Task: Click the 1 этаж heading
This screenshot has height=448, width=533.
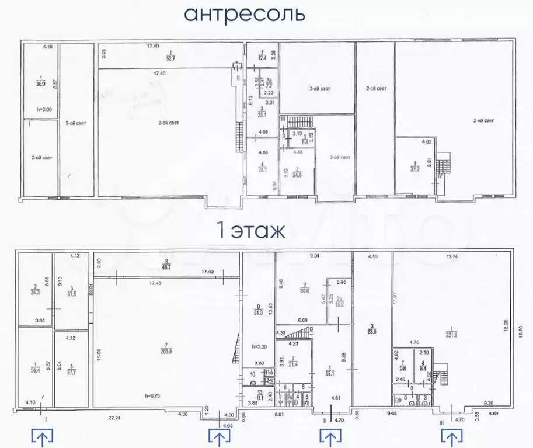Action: tap(250, 231)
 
